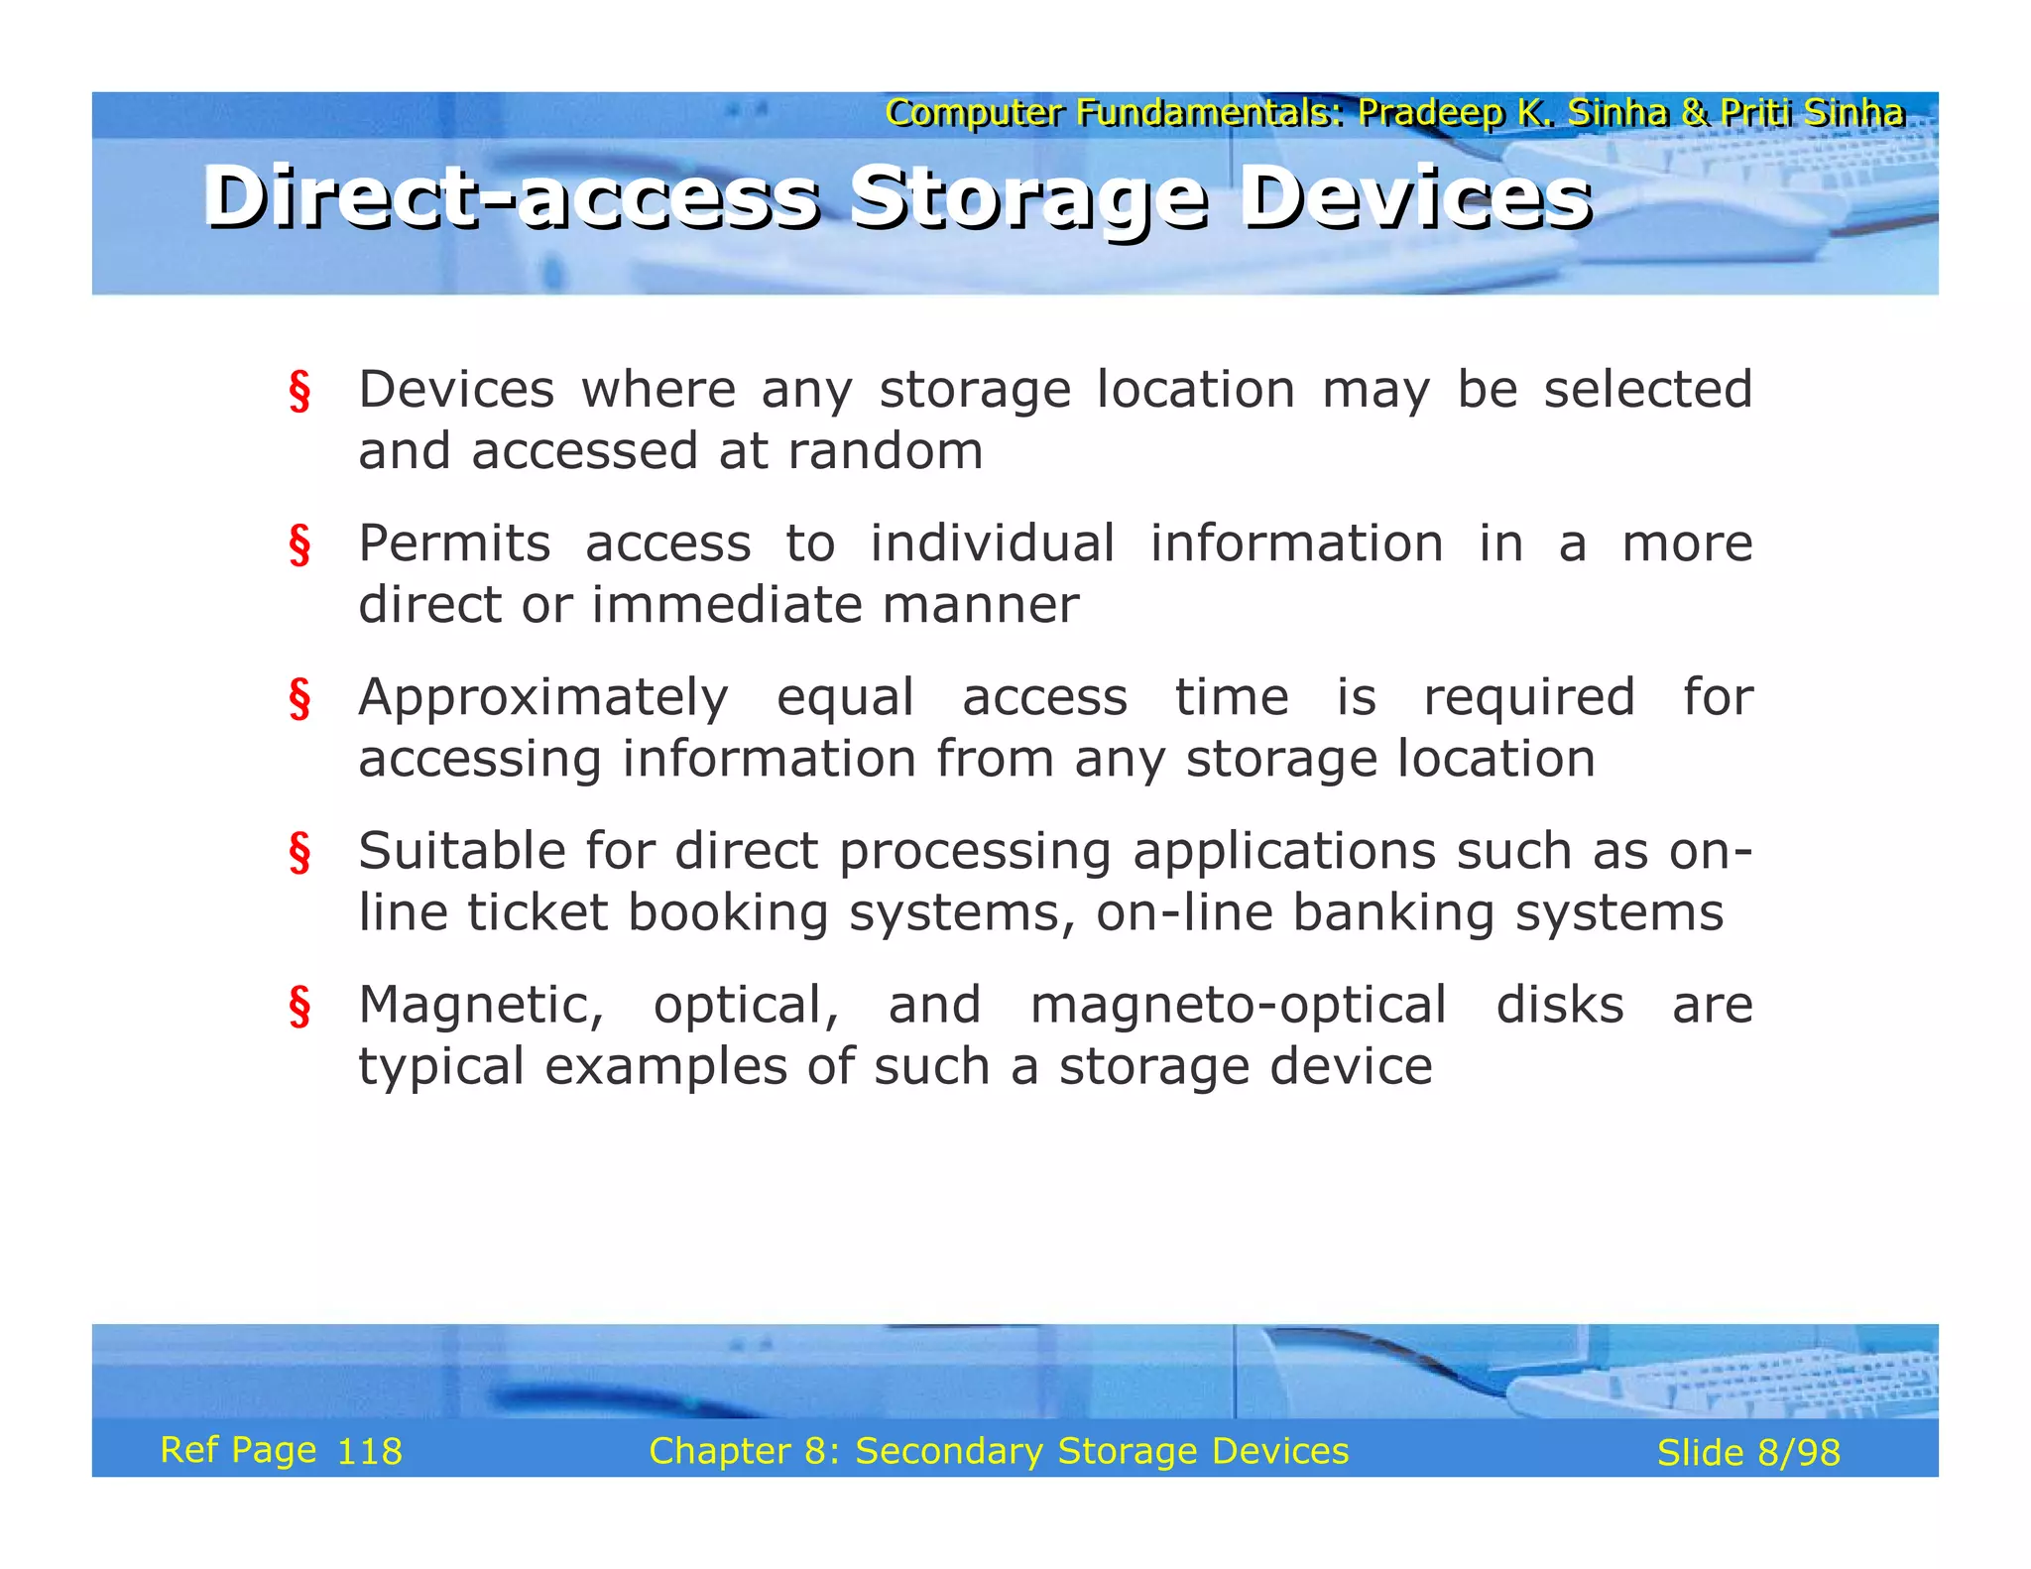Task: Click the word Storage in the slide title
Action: tap(1029, 198)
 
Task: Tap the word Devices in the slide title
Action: tap(1415, 198)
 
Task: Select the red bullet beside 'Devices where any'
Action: tap(299, 391)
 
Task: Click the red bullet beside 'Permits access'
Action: tap(299, 544)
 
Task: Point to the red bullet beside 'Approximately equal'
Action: tap(299, 698)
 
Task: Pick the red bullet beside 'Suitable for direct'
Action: tap(299, 852)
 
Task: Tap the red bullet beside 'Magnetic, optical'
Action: tap(299, 1006)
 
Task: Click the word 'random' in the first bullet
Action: tap(885, 451)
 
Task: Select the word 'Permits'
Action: tap(454, 543)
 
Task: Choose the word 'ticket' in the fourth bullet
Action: tap(537, 912)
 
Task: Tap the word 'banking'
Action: tap(1392, 912)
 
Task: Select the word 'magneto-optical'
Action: tap(1238, 1006)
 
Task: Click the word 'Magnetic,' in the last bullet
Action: tap(481, 1006)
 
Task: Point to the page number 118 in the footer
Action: tap(370, 1452)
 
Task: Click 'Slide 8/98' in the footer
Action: tap(1748, 1453)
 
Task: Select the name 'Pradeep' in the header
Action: tap(1429, 113)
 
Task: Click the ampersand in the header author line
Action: tap(1694, 113)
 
